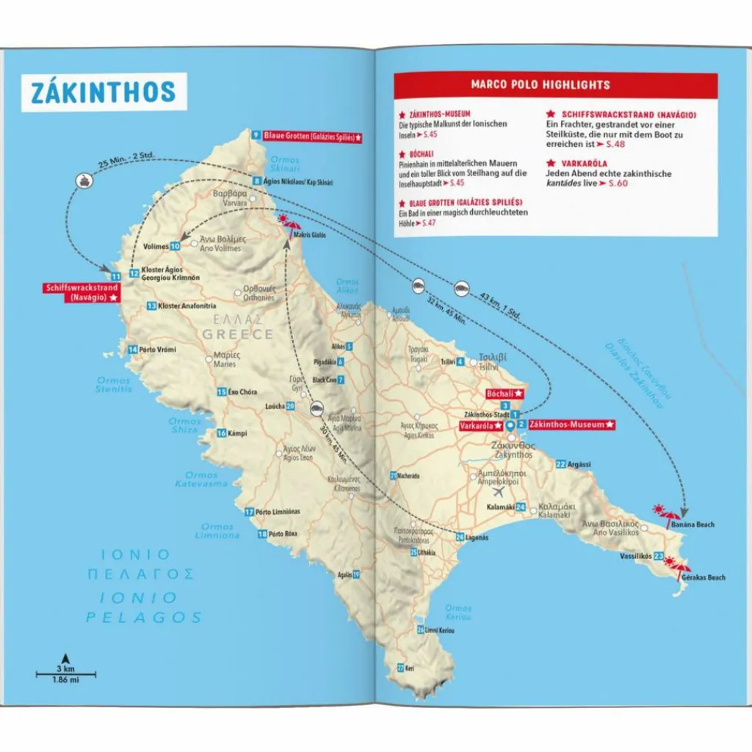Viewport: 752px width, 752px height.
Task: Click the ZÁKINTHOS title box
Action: (x=104, y=92)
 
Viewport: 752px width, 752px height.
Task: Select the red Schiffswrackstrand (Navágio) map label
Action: (x=82, y=292)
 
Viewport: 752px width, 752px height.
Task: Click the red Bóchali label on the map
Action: (x=505, y=394)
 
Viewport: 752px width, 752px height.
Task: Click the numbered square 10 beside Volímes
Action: (x=176, y=247)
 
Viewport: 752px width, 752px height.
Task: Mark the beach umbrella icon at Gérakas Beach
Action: (x=676, y=567)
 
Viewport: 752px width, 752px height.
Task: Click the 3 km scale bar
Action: (x=65, y=673)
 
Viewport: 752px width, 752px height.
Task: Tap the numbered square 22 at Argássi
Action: (x=560, y=464)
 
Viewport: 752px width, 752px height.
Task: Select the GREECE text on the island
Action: (x=239, y=334)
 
